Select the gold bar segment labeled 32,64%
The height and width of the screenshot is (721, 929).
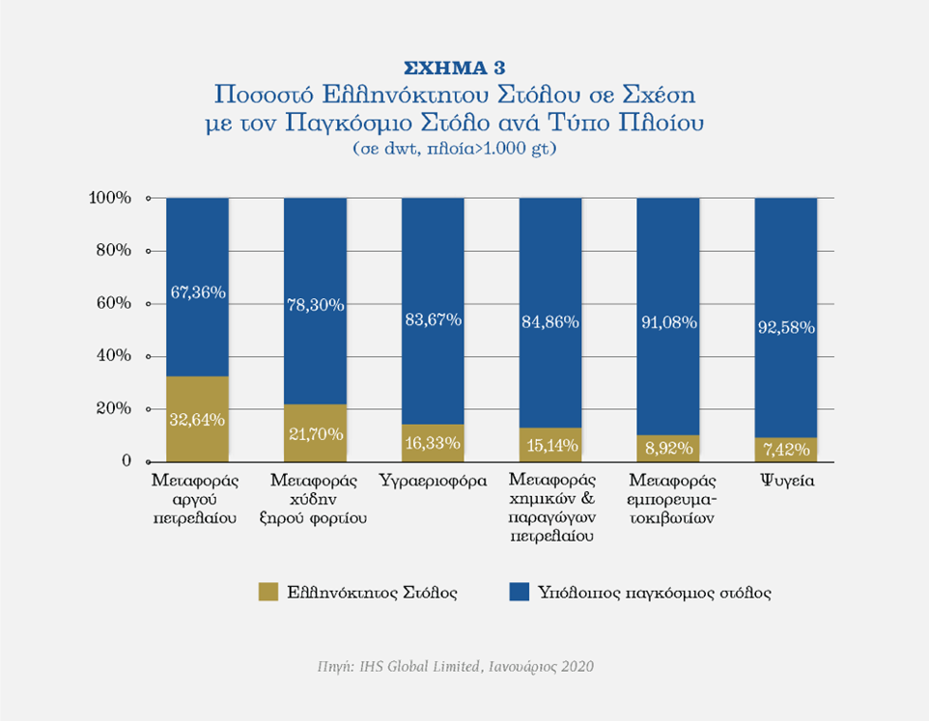point(197,419)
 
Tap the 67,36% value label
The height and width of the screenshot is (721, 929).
point(197,291)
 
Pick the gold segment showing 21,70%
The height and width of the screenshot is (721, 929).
point(315,433)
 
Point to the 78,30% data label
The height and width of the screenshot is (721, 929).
point(315,304)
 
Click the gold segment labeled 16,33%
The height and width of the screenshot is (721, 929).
point(433,443)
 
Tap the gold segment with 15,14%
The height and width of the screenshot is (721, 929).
point(550,445)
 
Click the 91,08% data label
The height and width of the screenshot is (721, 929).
point(668,322)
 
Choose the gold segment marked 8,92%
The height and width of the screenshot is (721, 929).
point(668,449)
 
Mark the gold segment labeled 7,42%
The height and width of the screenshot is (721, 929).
point(786,450)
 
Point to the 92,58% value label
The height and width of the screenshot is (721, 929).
point(786,326)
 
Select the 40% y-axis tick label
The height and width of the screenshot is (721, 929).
point(113,356)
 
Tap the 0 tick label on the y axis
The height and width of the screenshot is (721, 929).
point(126,461)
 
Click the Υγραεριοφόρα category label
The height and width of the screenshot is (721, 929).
point(433,479)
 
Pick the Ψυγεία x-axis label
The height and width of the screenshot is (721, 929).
point(786,479)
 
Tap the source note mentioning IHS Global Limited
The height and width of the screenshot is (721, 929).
point(455,667)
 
